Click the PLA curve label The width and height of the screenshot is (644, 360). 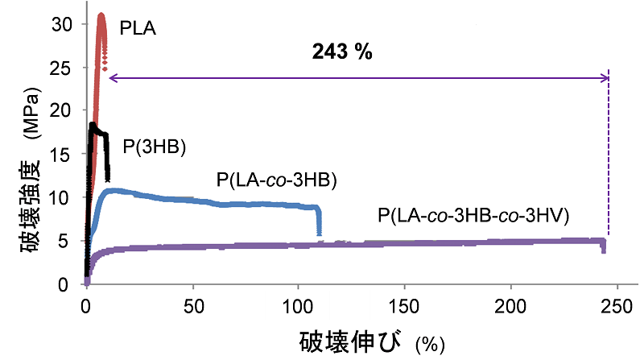(x=138, y=29)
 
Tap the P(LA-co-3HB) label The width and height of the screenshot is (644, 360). (x=276, y=180)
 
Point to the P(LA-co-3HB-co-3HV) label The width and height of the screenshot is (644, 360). (x=475, y=216)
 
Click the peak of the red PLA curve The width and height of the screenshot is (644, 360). (x=101, y=15)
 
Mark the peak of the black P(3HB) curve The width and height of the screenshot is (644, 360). (x=93, y=124)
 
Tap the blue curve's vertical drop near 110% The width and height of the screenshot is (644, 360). (x=320, y=220)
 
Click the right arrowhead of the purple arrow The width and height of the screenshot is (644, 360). (x=605, y=77)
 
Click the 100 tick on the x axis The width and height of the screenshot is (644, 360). (x=298, y=304)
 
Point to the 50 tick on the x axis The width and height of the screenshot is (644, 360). (x=192, y=304)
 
